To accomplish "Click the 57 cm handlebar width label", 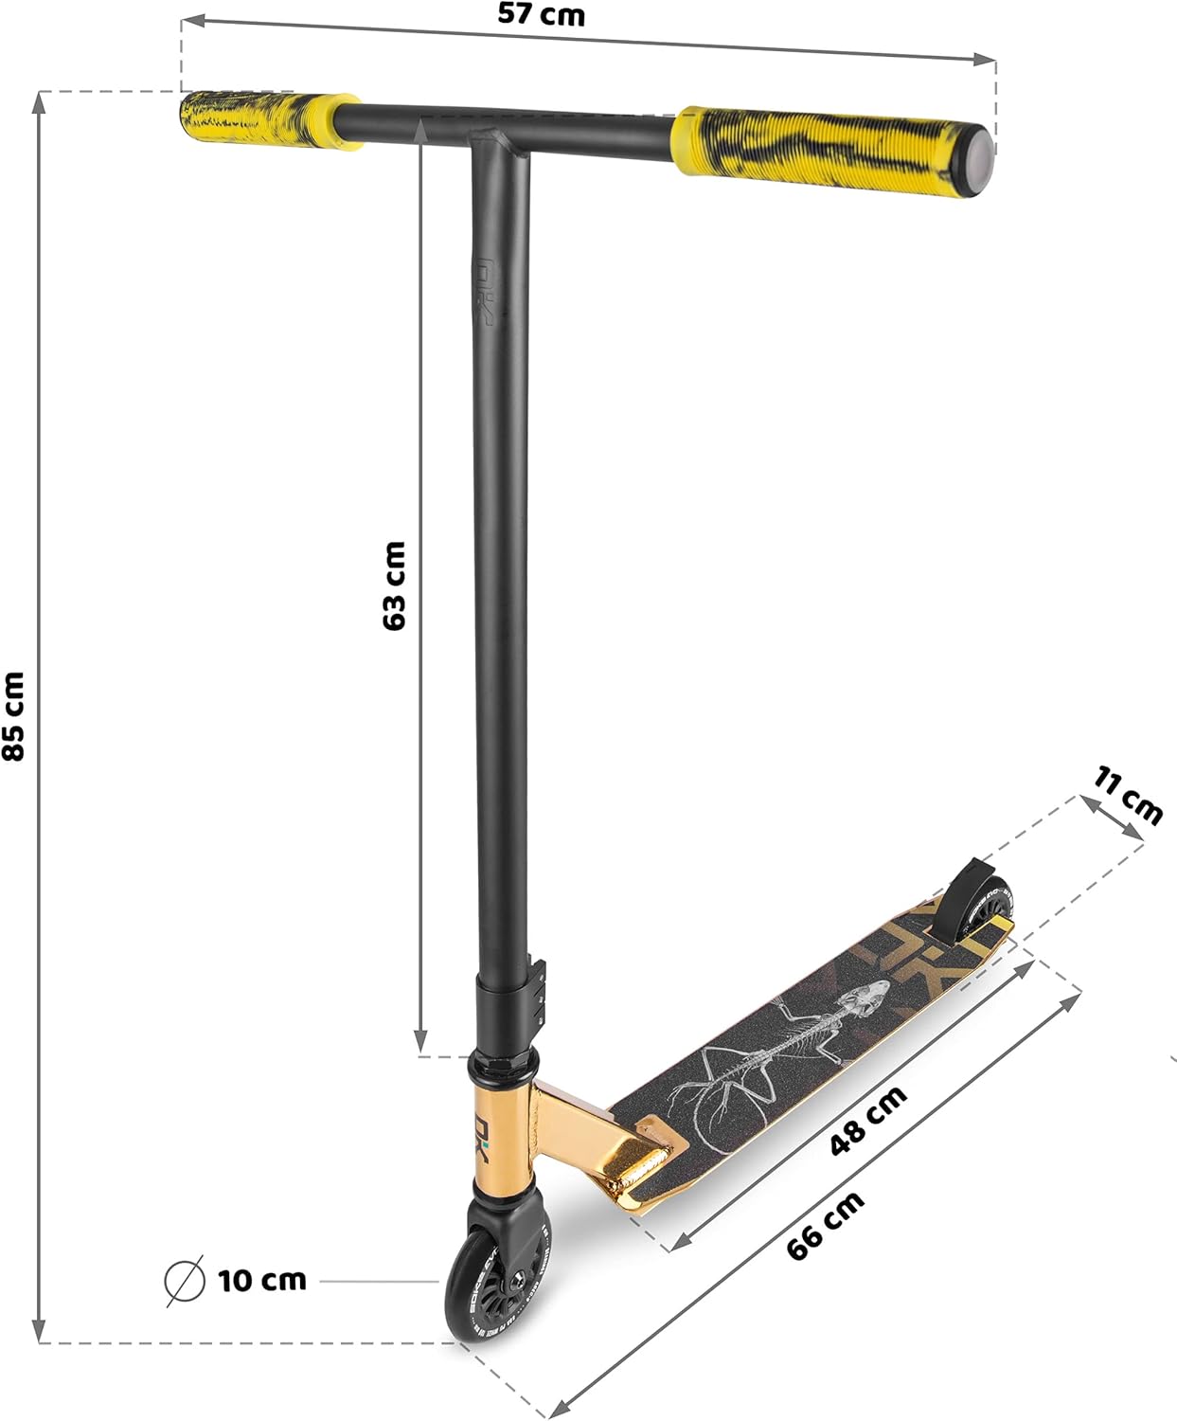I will click(x=541, y=15).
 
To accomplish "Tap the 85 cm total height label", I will click(x=14, y=716).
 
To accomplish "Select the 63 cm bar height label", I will click(x=394, y=585).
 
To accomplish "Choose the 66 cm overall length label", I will click(x=826, y=1225).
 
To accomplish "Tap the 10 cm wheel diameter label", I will click(x=262, y=1281).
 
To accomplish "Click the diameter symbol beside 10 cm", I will click(x=185, y=1281).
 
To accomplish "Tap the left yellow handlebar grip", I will click(x=268, y=120).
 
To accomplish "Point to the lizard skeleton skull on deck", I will click(x=866, y=998).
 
